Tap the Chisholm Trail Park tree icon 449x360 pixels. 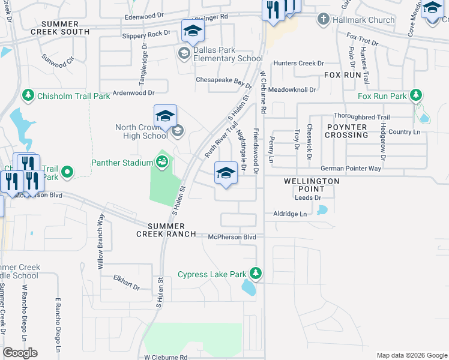click(x=28, y=95)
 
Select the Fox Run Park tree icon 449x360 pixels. click(x=415, y=95)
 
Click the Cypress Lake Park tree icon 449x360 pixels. click(x=256, y=274)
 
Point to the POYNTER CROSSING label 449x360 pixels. click(x=347, y=131)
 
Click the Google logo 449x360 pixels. click(x=20, y=353)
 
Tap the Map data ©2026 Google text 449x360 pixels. click(x=411, y=355)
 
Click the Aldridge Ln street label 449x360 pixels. click(x=290, y=214)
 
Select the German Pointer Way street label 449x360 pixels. click(x=351, y=169)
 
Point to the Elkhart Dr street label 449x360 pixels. click(x=126, y=283)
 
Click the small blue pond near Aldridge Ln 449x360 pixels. click(x=323, y=210)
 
